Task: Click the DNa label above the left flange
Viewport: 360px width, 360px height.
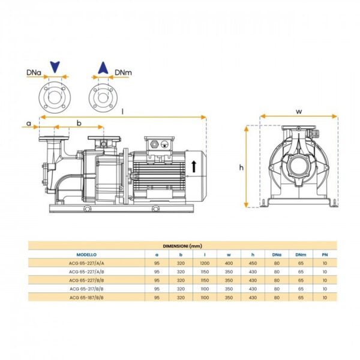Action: tap(34, 73)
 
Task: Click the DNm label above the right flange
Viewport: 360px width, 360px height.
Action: tap(123, 73)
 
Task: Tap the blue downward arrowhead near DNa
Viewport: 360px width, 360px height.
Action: tap(55, 67)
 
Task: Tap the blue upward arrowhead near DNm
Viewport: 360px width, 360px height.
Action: tap(103, 68)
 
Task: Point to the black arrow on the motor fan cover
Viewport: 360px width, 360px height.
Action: tap(194, 166)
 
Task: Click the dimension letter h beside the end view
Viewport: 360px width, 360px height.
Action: tap(241, 167)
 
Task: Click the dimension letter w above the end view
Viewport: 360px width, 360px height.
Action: tap(299, 112)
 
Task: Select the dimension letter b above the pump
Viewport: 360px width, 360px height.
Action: tap(79, 123)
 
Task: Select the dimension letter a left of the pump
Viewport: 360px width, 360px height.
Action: tap(29, 124)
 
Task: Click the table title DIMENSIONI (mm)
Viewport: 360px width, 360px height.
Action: tap(182, 246)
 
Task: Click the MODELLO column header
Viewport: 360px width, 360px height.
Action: tap(86, 254)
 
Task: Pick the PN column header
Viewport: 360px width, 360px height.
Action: tap(325, 254)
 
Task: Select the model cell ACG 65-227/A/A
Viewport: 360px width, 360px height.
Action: tap(86, 263)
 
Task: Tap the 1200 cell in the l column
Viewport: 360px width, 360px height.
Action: tap(205, 263)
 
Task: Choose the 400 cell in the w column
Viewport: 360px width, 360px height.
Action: tap(229, 263)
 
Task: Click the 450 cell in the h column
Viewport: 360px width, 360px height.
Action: tap(253, 263)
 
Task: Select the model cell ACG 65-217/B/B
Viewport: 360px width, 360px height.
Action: tap(86, 289)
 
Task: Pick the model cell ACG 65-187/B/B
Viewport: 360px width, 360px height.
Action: tap(86, 298)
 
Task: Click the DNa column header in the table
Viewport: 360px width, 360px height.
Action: tap(277, 254)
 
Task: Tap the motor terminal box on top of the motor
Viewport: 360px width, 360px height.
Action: tap(159, 144)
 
